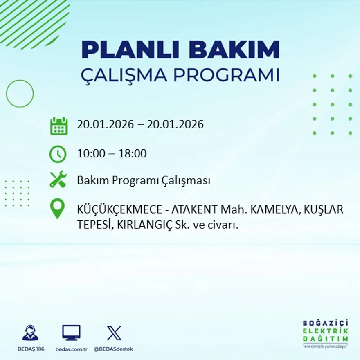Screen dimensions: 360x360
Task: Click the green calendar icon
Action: [59, 126]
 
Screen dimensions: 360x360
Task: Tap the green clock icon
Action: [58, 154]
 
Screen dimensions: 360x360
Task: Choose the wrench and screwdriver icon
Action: [58, 180]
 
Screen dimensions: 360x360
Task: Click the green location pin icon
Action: [57, 208]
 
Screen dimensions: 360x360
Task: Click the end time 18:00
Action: [133, 154]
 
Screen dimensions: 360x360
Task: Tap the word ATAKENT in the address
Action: [194, 209]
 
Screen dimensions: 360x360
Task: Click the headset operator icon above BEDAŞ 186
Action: [30, 333]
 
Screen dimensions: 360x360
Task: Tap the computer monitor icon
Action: [71, 333]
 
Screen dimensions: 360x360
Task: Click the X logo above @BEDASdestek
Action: [114, 333]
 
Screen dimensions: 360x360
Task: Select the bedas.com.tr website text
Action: [72, 349]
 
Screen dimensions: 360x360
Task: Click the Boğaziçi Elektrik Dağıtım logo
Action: [326, 333]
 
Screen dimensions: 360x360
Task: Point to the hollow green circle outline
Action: [20, 94]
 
